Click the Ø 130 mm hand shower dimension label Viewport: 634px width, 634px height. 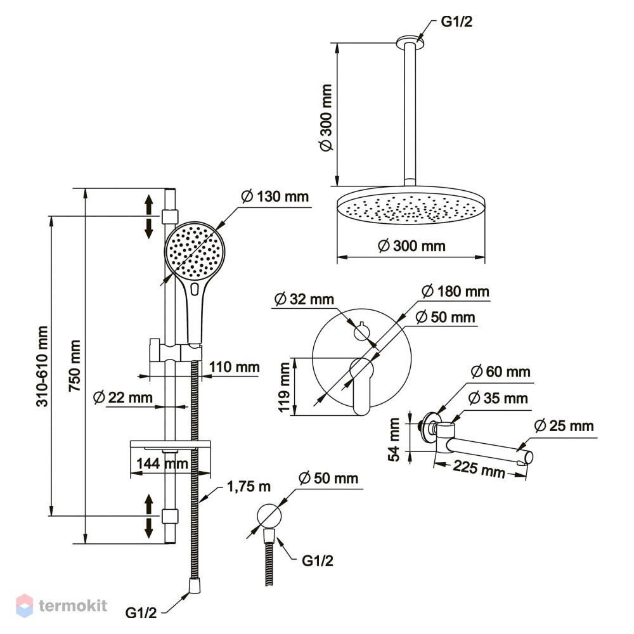[275, 197]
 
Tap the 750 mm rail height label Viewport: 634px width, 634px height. [75, 366]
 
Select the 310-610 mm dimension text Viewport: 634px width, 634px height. [42, 366]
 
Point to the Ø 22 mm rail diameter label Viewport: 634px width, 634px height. [123, 398]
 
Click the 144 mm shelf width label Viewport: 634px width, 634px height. [162, 463]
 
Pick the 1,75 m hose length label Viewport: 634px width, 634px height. [249, 486]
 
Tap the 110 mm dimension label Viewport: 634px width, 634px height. [234, 367]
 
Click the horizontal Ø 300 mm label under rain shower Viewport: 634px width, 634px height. [411, 246]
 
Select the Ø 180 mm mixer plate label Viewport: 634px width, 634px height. [455, 292]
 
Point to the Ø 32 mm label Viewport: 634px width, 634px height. [304, 299]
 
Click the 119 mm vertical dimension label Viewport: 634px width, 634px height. [285, 387]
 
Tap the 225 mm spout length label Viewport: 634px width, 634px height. [479, 469]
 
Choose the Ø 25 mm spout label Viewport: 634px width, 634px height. [564, 426]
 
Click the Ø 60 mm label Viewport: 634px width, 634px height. [501, 372]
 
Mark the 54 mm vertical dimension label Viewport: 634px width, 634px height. [394, 439]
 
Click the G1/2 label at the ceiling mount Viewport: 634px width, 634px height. [456, 22]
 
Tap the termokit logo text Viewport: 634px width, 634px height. [73, 605]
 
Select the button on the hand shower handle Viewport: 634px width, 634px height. [195, 289]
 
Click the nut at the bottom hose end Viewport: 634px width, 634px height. [195, 586]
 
